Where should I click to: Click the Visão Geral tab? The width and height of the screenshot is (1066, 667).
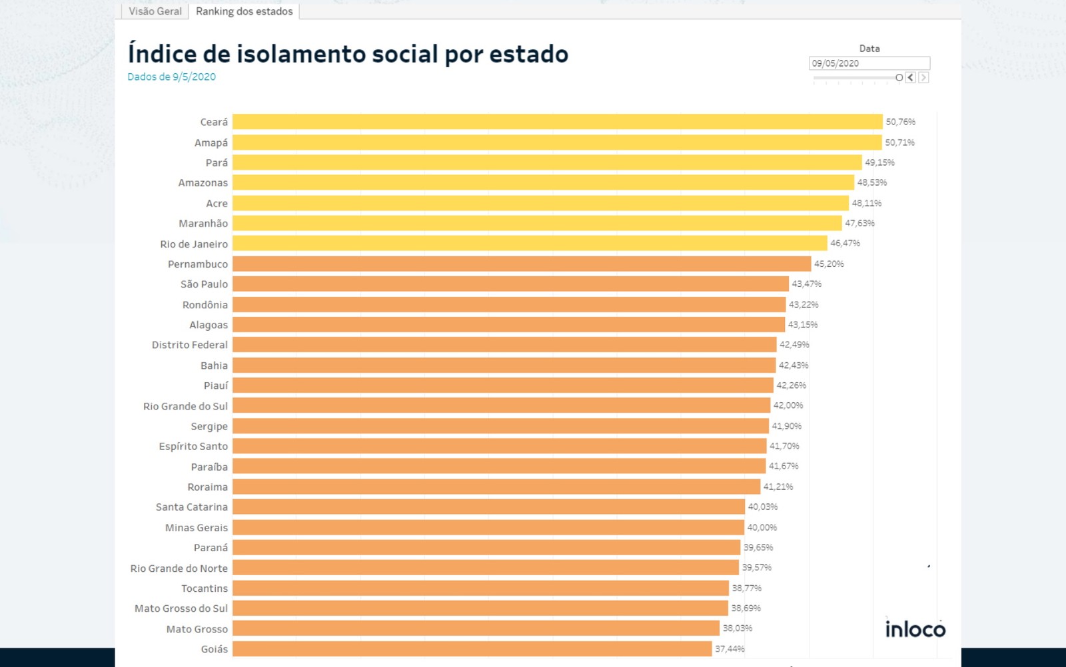pos(155,11)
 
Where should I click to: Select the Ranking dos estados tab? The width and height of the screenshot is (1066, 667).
pos(244,11)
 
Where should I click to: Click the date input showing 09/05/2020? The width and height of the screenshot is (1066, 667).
pos(869,63)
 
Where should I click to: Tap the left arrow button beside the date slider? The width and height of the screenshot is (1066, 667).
pos(910,77)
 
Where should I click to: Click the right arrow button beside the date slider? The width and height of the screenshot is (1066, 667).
pos(923,77)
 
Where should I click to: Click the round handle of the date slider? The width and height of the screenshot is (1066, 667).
pos(899,77)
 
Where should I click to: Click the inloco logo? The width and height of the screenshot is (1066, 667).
pos(915,628)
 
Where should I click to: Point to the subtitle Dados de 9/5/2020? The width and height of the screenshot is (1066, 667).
pos(171,77)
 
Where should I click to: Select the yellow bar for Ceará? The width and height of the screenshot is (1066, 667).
pos(557,122)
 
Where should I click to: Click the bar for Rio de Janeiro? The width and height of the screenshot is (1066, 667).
pos(530,244)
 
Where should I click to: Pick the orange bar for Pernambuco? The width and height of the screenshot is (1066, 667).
pos(522,264)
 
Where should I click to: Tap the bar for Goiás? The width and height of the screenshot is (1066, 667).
pos(472,648)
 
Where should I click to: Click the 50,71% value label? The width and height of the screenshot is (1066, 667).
pos(899,142)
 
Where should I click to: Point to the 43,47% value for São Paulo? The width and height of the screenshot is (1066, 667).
pos(806,284)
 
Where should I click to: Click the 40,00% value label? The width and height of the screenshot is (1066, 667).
pos(762,527)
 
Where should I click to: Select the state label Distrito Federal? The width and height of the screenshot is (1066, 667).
pos(189,345)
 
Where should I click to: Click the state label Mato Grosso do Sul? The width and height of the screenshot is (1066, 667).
pos(181,608)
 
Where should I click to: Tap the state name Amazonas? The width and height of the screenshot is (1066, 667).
pos(203,182)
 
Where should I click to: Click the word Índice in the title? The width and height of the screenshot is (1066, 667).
pos(162,53)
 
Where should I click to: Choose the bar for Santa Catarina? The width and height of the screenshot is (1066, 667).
pos(488,507)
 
